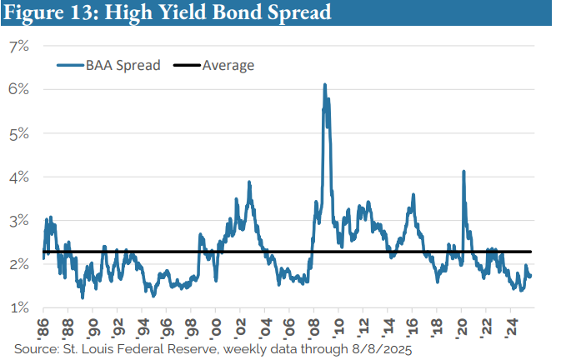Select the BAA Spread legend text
122,65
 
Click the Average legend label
227,65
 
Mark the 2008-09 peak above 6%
324,84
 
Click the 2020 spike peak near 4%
463,172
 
